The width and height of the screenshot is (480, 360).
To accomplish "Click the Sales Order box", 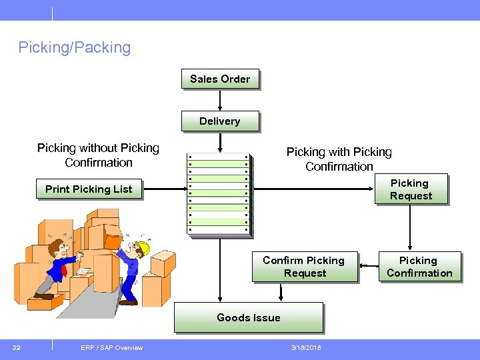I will tap(220, 79).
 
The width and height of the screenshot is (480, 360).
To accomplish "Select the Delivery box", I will tap(219, 121).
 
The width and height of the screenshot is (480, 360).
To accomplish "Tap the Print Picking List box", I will tap(89, 189).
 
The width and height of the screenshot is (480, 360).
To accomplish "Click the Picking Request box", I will tap(410, 189).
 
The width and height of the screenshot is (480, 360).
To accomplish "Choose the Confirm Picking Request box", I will tap(304, 267).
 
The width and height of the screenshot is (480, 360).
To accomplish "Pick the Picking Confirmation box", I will tap(419, 267).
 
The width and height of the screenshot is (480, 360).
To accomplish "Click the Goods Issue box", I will tap(248, 317).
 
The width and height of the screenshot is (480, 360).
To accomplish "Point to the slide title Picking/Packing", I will tap(75, 47).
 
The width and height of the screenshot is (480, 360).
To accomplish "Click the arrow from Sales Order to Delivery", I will tap(220, 100).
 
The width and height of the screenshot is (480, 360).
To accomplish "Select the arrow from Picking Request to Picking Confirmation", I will tap(410, 227).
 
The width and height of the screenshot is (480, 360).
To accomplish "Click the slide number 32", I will tap(17, 347).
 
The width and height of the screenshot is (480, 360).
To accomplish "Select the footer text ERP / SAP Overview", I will tap(111, 347).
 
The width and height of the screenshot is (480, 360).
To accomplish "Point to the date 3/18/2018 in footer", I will tap(305, 347).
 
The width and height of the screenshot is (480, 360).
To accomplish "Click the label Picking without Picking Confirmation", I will tap(98, 155).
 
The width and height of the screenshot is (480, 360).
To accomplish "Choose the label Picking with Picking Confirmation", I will tap(339, 159).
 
